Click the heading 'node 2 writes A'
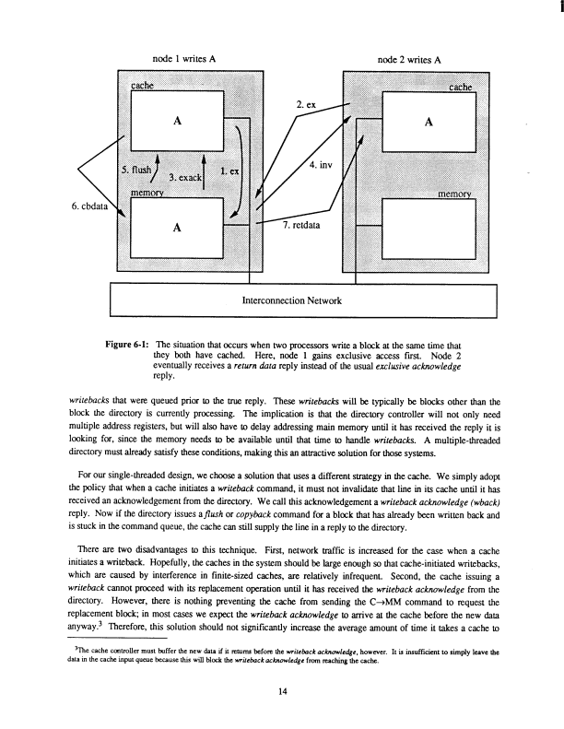pyautogui.click(x=410, y=57)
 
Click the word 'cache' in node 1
pyautogui.click(x=143, y=86)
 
